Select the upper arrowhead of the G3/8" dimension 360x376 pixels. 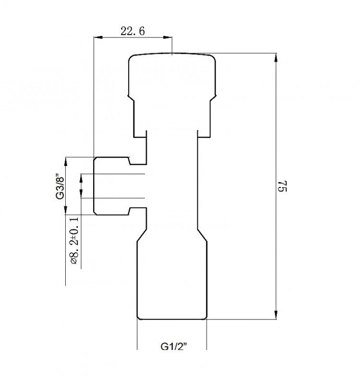(67, 160)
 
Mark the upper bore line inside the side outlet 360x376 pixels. (120, 173)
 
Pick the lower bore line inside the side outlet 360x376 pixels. (120, 197)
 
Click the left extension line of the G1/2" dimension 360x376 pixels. (138, 336)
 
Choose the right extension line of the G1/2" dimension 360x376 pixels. (207, 336)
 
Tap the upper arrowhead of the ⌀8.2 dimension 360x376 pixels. (81, 176)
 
